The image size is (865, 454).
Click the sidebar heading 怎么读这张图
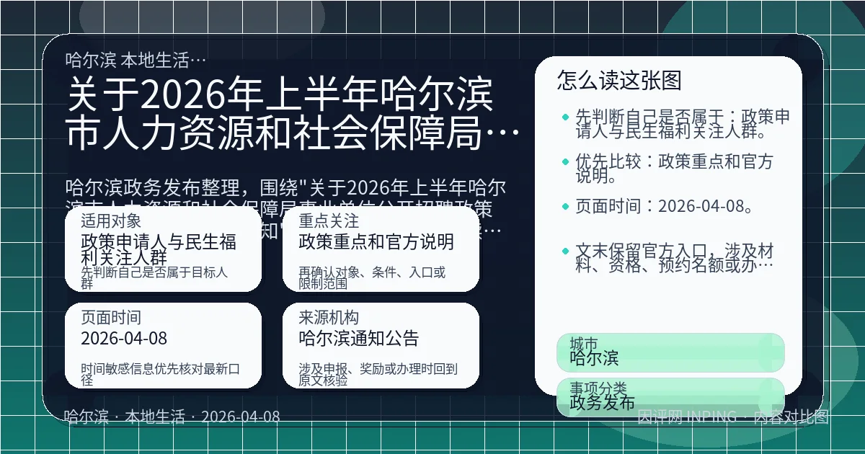click(x=619, y=80)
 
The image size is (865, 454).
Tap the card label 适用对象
click(x=111, y=221)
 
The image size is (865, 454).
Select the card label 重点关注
click(x=329, y=221)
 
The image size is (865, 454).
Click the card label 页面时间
click(x=111, y=317)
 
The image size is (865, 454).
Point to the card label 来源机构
click(x=329, y=317)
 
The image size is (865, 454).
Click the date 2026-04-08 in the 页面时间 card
click(x=124, y=338)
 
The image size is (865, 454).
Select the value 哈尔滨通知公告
click(x=359, y=338)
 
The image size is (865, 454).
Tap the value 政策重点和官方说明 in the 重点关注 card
click(x=376, y=241)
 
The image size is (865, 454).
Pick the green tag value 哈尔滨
click(x=594, y=357)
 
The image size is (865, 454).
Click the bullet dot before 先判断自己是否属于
click(x=565, y=116)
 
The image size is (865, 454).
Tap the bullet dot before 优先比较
click(x=565, y=161)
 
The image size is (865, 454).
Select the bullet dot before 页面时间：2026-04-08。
click(x=565, y=208)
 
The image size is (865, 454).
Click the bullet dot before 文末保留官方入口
click(x=565, y=251)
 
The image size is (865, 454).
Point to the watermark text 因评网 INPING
click(x=687, y=417)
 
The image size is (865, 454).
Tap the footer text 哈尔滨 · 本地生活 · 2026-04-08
click(x=172, y=417)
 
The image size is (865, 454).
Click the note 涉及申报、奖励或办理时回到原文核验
click(x=378, y=374)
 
